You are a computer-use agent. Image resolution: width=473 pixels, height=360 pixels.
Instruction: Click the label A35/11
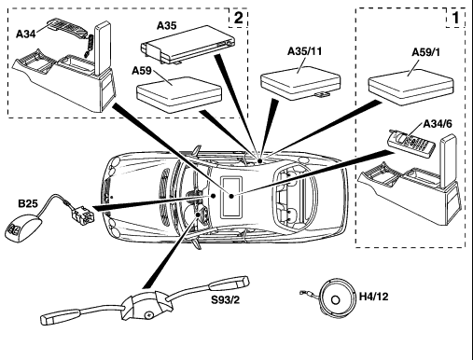pyautogui.click(x=304, y=51)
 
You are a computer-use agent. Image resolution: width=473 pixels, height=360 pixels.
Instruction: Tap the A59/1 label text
pyautogui.click(x=426, y=52)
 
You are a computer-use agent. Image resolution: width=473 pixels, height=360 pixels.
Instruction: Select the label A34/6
pyautogui.click(x=438, y=124)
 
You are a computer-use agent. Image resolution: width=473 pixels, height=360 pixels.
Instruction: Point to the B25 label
pyautogui.click(x=28, y=203)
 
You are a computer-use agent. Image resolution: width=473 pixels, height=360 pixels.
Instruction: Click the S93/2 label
pyautogui.click(x=226, y=300)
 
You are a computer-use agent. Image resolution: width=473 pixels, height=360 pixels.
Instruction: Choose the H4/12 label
pyautogui.click(x=374, y=297)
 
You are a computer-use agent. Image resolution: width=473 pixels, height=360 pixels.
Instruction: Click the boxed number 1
pyautogui.click(x=455, y=18)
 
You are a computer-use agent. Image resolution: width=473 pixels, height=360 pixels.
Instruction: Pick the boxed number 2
pyautogui.click(x=238, y=18)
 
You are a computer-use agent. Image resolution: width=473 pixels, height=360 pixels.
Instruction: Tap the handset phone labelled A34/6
pyautogui.click(x=410, y=143)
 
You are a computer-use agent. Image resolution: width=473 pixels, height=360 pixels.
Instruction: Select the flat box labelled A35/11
pyautogui.click(x=300, y=83)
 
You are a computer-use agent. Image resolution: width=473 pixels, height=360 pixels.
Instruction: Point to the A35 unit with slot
pyautogui.click(x=188, y=45)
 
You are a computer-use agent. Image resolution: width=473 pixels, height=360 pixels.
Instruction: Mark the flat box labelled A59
pyautogui.click(x=179, y=94)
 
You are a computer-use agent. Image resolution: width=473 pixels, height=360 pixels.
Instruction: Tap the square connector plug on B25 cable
pyautogui.click(x=83, y=214)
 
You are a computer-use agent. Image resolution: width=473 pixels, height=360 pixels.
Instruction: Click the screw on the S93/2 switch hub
pyautogui.click(x=148, y=315)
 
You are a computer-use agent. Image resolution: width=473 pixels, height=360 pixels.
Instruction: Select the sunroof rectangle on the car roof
pyautogui.click(x=231, y=197)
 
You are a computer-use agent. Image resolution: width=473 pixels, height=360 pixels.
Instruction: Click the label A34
pyautogui.click(x=26, y=34)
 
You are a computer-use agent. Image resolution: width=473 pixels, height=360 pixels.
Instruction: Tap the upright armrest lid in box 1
pyautogui.click(x=448, y=161)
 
